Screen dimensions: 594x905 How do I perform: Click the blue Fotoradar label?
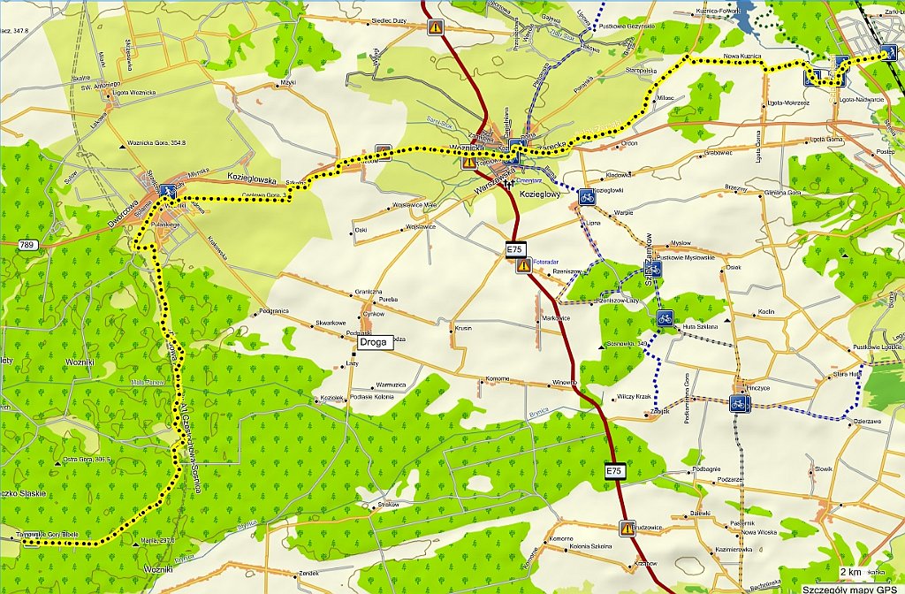545,262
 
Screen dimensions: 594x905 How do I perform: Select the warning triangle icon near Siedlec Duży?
436,27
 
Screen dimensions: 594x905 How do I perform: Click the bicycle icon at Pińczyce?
741,404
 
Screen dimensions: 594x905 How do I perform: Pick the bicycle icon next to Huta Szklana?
665,317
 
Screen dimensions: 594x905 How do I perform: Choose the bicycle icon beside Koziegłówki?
586,196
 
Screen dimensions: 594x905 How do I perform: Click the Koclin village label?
765,312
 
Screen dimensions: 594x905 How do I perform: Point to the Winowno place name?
564,382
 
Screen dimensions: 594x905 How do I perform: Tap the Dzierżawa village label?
867,422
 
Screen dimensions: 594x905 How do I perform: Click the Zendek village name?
308,574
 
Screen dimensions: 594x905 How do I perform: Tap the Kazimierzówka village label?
732,549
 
